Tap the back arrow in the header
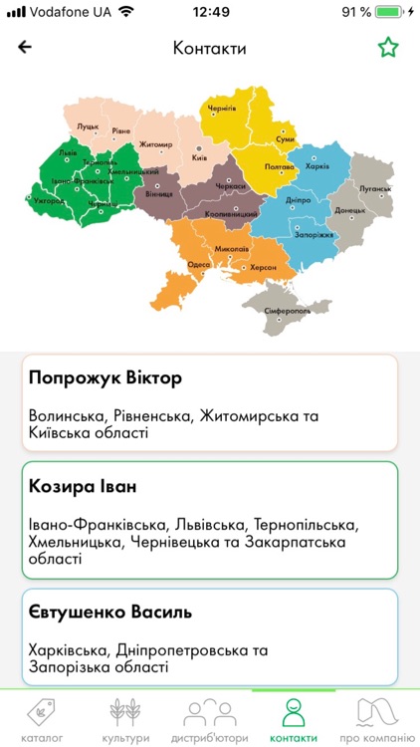coord(25,47)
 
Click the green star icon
coord(387,47)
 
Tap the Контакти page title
coord(209,48)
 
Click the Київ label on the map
coord(199,157)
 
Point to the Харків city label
coord(316,166)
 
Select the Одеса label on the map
coord(199,264)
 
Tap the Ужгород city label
coord(48,200)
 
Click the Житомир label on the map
coord(156,145)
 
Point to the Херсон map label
coord(263,268)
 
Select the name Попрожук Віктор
coord(92,377)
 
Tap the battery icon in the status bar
coord(391,12)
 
